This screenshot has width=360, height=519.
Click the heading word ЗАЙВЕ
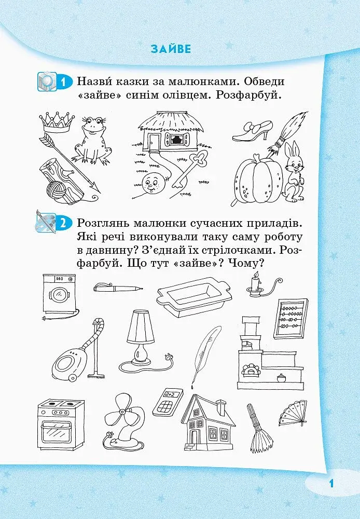(x=171, y=49)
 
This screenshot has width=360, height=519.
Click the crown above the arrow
(x=57, y=121)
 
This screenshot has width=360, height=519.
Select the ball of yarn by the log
(x=56, y=190)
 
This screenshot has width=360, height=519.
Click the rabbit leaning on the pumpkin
(x=294, y=172)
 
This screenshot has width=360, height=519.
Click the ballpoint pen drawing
(x=118, y=287)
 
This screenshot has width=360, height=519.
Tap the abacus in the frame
(x=291, y=319)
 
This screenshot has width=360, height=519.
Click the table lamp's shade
(x=141, y=327)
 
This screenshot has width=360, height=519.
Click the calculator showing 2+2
(x=168, y=402)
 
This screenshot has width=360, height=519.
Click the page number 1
(x=331, y=483)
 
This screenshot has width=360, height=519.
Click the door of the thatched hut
(x=154, y=142)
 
